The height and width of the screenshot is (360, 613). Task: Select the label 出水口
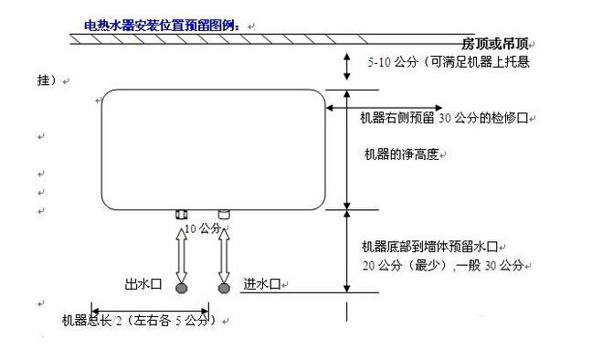(x=143, y=284)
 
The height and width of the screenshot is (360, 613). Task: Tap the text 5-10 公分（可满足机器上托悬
(x=448, y=62)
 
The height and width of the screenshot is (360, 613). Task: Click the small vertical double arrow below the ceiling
(x=347, y=65)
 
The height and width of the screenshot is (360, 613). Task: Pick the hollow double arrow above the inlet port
(x=224, y=256)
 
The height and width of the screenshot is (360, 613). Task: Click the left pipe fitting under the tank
(x=180, y=215)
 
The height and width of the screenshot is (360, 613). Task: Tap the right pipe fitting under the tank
(x=223, y=215)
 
